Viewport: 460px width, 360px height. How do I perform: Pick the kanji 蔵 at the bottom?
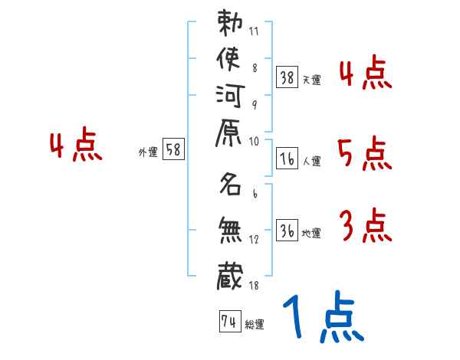click(x=231, y=273)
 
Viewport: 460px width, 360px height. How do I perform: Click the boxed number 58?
click(x=173, y=150)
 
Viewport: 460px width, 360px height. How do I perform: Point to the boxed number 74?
click(x=228, y=322)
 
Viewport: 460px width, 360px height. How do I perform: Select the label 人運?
click(x=312, y=162)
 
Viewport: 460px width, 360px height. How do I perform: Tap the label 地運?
click(x=312, y=233)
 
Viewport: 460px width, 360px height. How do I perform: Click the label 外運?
click(x=147, y=152)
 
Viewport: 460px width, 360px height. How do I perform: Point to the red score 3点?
click(x=365, y=227)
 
